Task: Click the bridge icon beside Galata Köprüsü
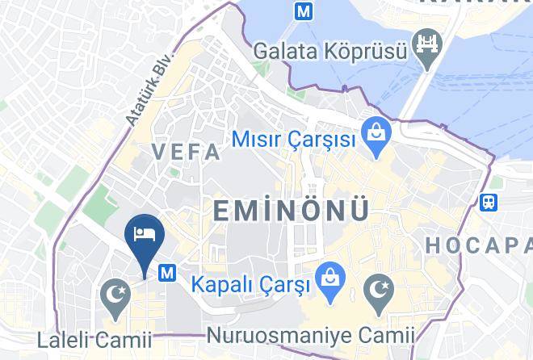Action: point(426,42)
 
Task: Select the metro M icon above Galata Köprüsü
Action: point(304,11)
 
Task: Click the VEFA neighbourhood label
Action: point(187,152)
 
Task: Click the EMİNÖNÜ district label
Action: point(292,211)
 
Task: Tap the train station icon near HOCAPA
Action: point(489,203)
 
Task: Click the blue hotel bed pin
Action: point(145,237)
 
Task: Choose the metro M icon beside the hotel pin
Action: point(168,273)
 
